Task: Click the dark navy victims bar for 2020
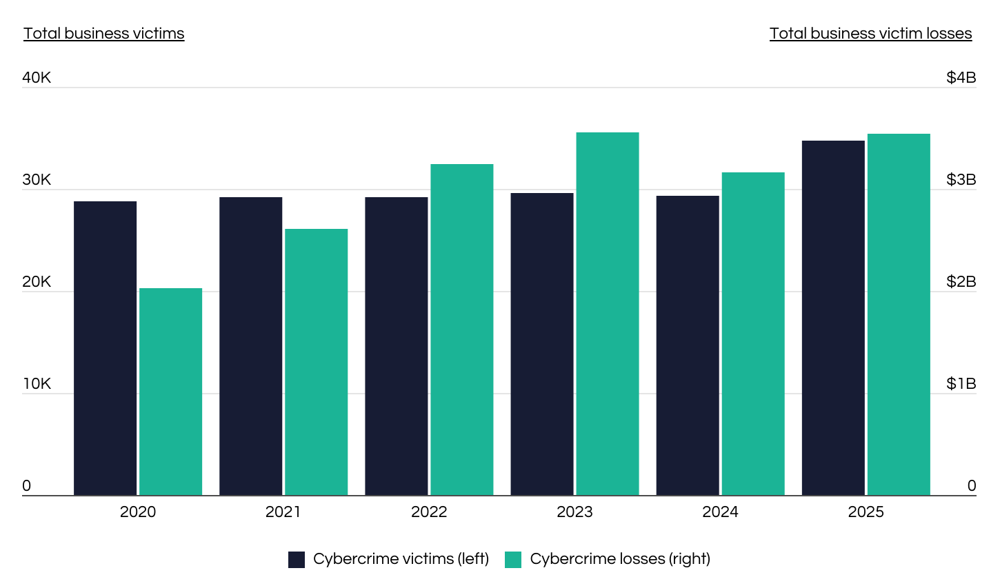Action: click(x=105, y=348)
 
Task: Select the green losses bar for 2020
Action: click(x=170, y=392)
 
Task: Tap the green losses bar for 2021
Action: click(x=316, y=362)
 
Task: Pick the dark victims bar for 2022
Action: click(x=397, y=346)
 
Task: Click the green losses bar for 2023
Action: click(x=608, y=314)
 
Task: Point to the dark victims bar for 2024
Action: click(x=688, y=345)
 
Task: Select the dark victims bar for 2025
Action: click(x=833, y=318)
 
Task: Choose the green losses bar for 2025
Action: click(x=899, y=314)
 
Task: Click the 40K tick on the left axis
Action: click(x=37, y=78)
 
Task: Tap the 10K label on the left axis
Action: click(x=37, y=384)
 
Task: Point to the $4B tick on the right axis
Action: click(x=961, y=78)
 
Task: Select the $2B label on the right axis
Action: click(x=961, y=281)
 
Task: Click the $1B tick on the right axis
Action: click(x=961, y=384)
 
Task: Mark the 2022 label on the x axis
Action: click(x=429, y=512)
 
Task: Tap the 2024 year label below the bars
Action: click(x=720, y=512)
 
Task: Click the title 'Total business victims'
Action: click(x=104, y=34)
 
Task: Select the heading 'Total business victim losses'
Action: click(x=870, y=34)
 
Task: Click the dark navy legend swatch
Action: click(x=297, y=560)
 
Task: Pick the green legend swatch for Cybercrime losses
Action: click(x=513, y=560)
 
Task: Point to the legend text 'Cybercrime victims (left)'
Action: click(x=401, y=559)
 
